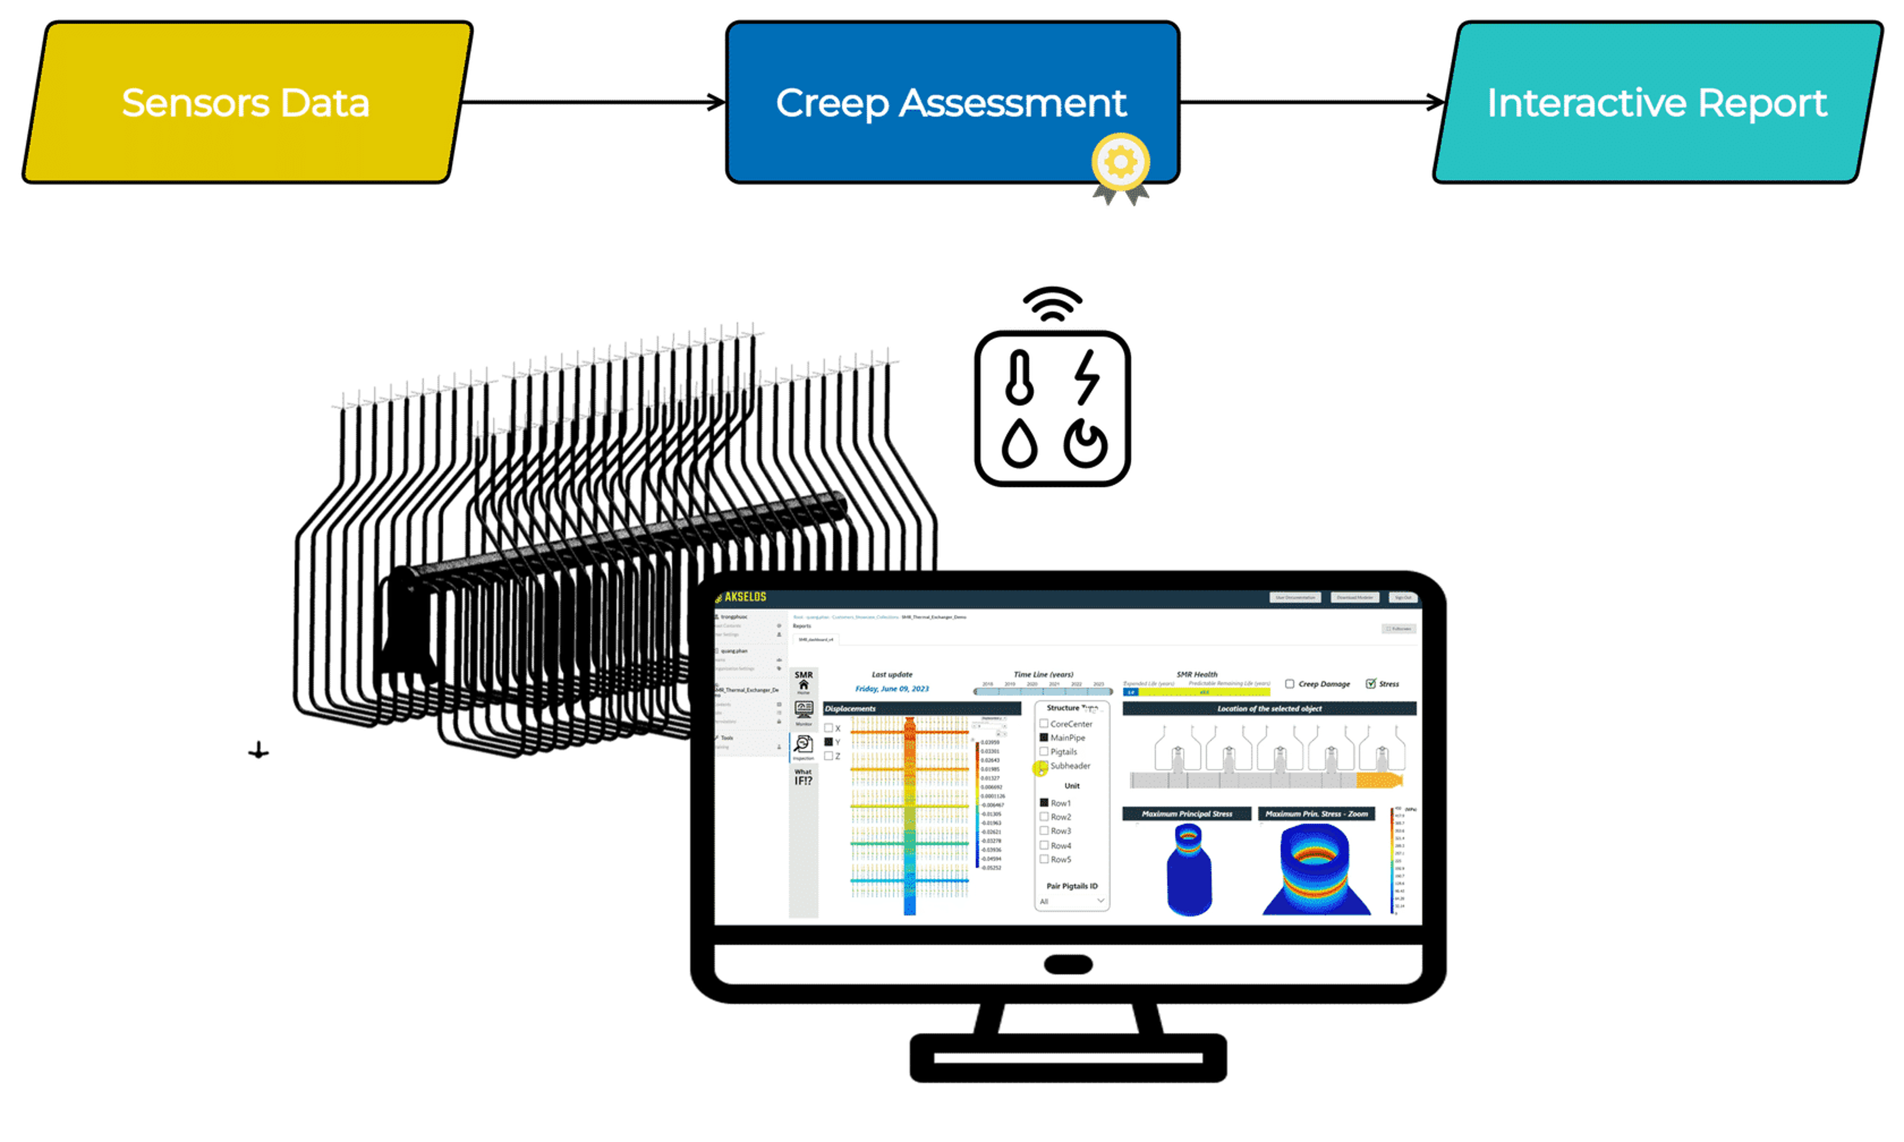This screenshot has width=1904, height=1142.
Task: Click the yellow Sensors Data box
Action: [x=246, y=102]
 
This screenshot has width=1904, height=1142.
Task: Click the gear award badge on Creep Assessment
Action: [x=1120, y=163]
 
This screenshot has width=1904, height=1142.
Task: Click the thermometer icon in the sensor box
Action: [x=1020, y=377]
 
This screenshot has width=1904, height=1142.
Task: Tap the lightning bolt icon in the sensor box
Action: [x=1087, y=377]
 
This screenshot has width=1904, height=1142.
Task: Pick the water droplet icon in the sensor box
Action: [x=1020, y=443]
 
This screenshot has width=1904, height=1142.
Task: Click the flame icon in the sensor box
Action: [x=1085, y=444]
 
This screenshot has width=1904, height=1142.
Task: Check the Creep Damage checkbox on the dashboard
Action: [x=1290, y=683]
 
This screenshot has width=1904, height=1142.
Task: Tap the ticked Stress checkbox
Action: [x=1371, y=683]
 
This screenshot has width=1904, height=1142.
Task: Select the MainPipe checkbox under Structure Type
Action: [x=1044, y=737]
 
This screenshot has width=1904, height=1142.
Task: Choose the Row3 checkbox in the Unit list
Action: [x=1044, y=831]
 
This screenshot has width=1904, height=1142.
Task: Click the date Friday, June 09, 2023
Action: [x=892, y=689]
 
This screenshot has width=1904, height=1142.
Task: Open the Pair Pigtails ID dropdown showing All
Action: [x=1071, y=901]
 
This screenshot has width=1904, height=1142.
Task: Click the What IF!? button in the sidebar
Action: [x=803, y=777]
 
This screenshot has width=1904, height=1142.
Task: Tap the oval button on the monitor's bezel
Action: [x=1068, y=964]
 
